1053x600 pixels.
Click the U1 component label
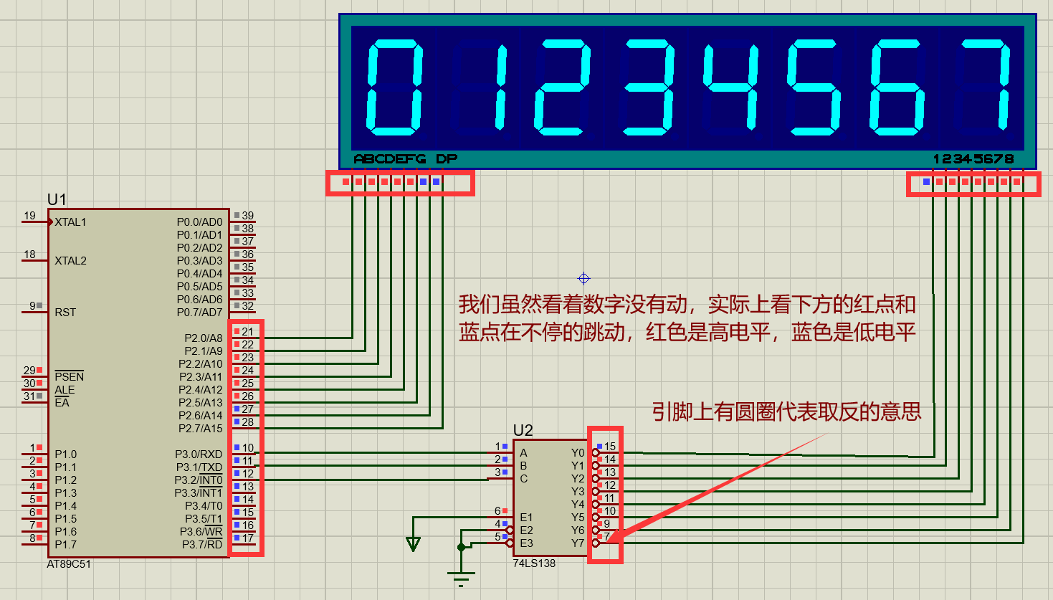57,199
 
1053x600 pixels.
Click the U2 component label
523,430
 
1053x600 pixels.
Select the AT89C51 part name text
69,564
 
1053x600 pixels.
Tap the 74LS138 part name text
534,563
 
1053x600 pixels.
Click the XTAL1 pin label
70,222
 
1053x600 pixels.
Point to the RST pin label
65,313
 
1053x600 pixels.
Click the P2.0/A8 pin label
204,338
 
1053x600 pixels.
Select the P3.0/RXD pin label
199,454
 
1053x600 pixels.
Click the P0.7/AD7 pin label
200,313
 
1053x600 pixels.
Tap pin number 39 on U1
247,216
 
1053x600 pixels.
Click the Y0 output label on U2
578,453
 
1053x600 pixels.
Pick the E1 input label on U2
526,518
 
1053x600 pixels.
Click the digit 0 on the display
395,87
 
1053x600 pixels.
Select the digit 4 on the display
730,87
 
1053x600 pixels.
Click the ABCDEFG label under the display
390,159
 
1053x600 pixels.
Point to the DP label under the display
446,159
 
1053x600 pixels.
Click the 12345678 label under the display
973,159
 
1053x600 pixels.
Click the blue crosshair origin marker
583,278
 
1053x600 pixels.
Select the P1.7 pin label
65,545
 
